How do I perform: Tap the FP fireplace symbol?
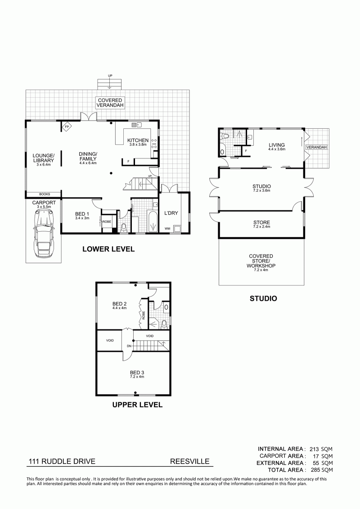pos(67,126)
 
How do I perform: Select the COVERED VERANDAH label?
pos(110,103)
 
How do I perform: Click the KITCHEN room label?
pos(138,140)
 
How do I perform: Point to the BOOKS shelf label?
pos(45,194)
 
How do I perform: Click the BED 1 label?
pos(82,214)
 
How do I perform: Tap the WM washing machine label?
pos(167,229)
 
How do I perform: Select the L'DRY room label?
pos(171,213)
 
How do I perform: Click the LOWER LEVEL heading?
pos(108,249)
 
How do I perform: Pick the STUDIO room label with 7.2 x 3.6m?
pos(261,187)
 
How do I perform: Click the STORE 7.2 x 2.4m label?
pos(261,223)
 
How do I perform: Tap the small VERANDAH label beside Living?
pos(316,147)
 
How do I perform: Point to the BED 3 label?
pos(137,372)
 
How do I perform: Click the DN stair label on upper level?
pos(129,346)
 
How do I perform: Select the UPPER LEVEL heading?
pos(137,405)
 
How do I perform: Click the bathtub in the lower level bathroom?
pos(152,221)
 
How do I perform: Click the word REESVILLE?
pos(190,461)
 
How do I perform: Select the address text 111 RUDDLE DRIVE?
pos(62,461)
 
